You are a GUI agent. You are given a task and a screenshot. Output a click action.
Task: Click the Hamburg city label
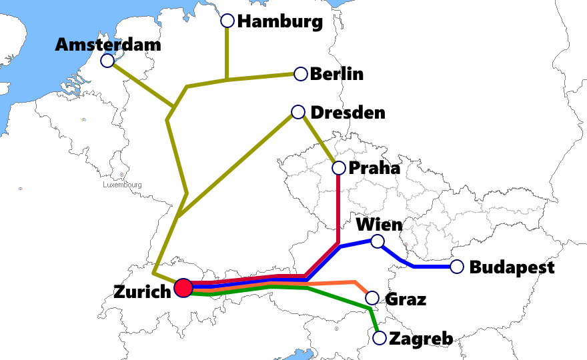pos(280,21)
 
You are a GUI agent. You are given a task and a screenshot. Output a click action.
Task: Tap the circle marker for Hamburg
pos(227,21)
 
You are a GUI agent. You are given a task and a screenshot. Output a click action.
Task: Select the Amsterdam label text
pos(108,45)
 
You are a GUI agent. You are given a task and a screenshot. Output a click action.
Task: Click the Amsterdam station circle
pos(107,61)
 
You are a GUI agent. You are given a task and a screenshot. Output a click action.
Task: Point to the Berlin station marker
pos(301,74)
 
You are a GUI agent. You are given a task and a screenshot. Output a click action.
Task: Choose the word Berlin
pos(337,73)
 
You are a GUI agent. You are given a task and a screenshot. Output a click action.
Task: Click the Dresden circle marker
pos(298,111)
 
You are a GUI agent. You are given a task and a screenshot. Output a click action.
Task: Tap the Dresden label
pos(348,112)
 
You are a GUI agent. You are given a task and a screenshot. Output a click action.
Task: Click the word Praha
pos(374,167)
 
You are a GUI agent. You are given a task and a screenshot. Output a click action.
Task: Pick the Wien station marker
pos(378,241)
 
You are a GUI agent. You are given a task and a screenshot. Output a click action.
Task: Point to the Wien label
pos(379,223)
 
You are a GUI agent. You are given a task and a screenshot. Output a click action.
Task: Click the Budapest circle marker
pos(457,267)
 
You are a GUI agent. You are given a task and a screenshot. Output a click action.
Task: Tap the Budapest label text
pos(512,267)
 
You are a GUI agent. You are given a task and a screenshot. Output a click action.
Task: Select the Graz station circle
pos(372,298)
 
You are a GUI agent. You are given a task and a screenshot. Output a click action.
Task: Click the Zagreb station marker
pos(380,338)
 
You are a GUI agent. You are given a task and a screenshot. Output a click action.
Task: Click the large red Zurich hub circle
pos(183,288)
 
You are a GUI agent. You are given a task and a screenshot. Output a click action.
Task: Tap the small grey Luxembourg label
pos(123,184)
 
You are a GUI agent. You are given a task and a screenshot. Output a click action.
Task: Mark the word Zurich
pos(142,291)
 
